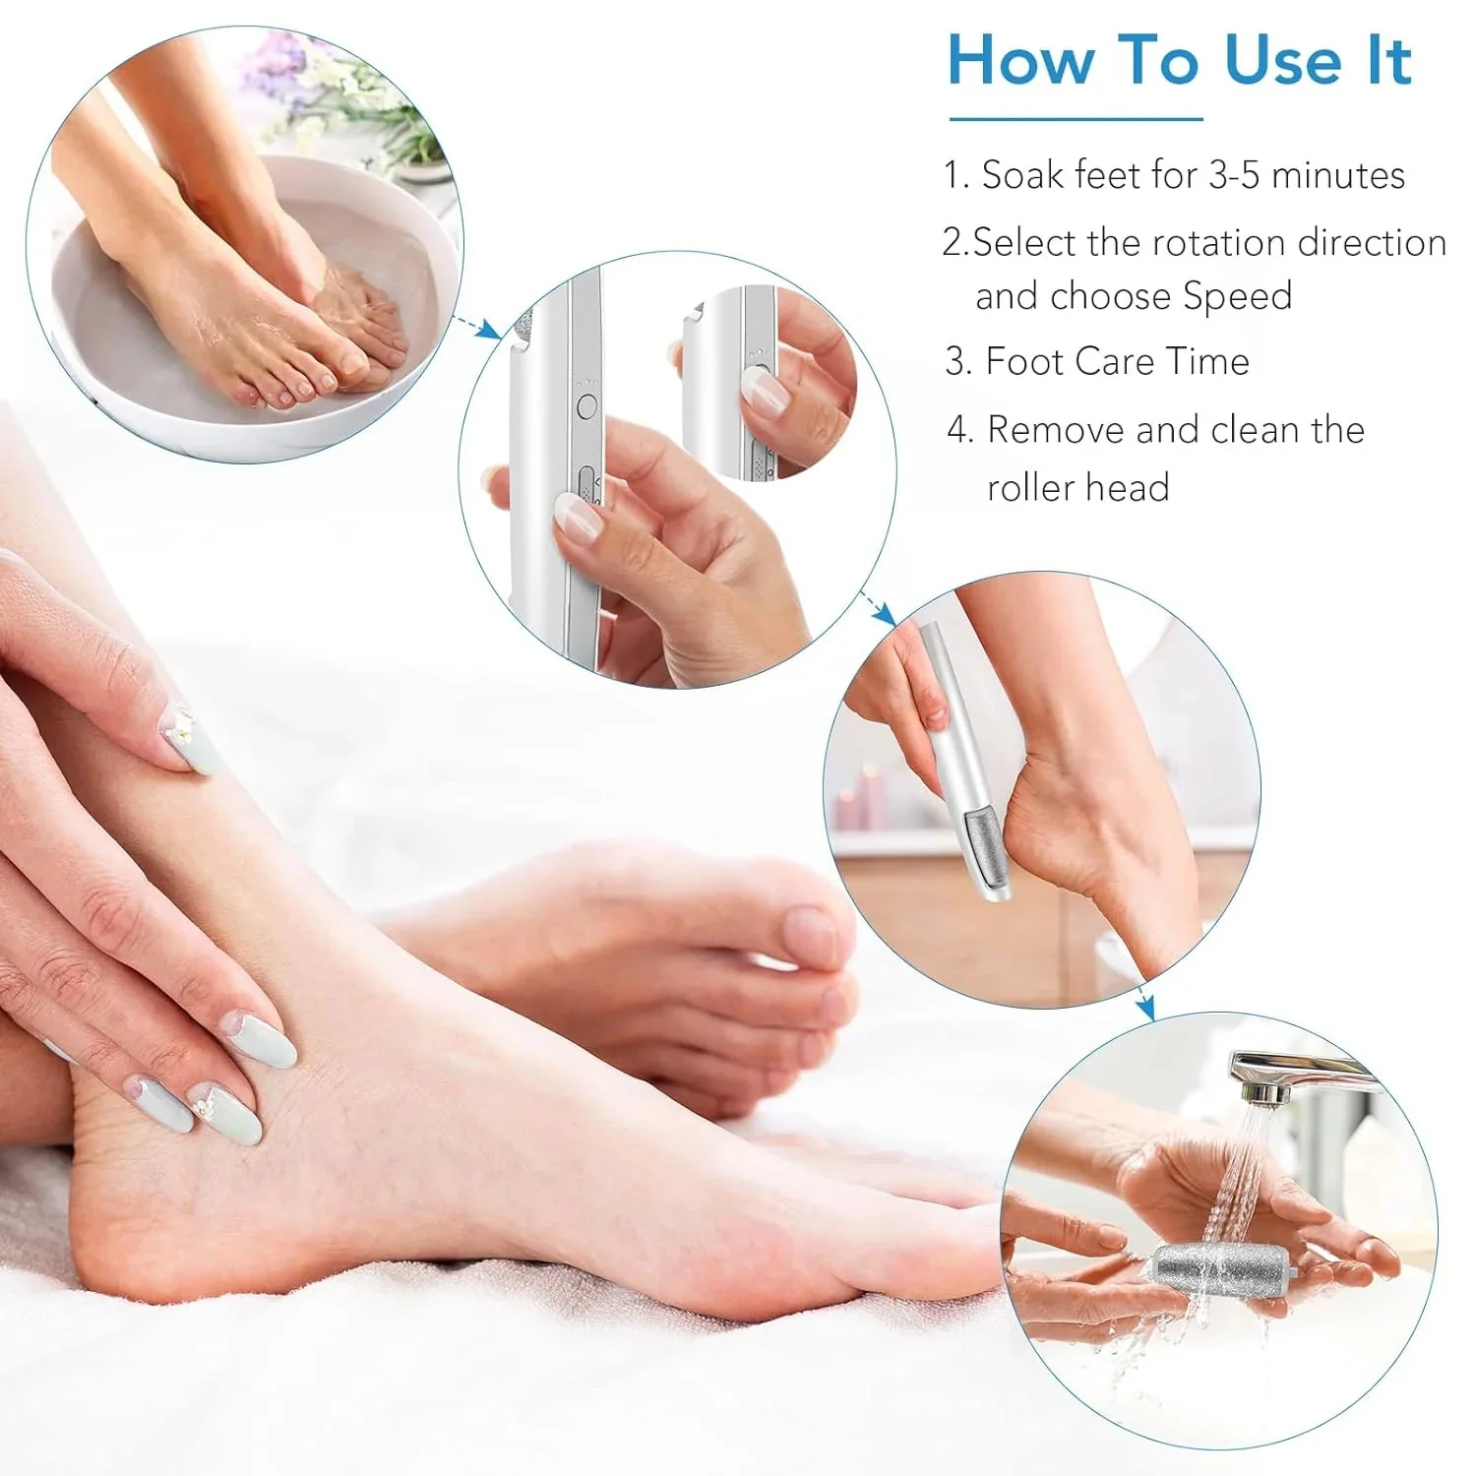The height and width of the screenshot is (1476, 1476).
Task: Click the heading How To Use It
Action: point(1179,61)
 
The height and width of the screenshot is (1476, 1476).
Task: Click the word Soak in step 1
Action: point(1023,175)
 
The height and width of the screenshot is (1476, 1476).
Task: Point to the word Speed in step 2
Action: point(1237,296)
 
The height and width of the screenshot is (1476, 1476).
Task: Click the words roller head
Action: point(1077,487)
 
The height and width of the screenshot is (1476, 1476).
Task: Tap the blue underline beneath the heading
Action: point(1076,120)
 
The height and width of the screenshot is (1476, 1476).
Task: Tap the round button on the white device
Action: point(587,404)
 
